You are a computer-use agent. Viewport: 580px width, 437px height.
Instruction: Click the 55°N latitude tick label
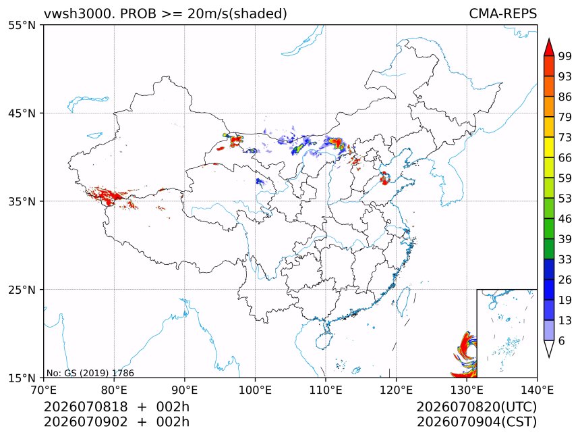click(22, 26)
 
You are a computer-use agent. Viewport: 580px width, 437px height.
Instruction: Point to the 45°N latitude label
click(22, 113)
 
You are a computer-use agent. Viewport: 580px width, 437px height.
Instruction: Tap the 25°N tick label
click(22, 290)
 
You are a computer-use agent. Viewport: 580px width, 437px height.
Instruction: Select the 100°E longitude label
click(255, 390)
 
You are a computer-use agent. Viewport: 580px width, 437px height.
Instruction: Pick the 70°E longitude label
click(44, 390)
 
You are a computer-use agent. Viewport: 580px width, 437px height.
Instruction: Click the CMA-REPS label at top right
click(502, 14)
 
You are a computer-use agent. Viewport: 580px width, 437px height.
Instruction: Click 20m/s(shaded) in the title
click(237, 14)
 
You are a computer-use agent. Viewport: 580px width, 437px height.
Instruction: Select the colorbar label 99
click(565, 56)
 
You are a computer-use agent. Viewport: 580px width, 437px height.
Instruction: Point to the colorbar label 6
click(562, 340)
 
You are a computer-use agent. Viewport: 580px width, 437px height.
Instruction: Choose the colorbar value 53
click(565, 199)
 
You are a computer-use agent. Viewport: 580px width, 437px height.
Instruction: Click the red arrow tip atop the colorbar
click(549, 39)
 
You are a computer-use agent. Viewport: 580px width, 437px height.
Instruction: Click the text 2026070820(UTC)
click(476, 407)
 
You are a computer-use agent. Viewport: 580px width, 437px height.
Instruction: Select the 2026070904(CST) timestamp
click(476, 422)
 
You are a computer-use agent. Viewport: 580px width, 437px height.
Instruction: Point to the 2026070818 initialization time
click(86, 407)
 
